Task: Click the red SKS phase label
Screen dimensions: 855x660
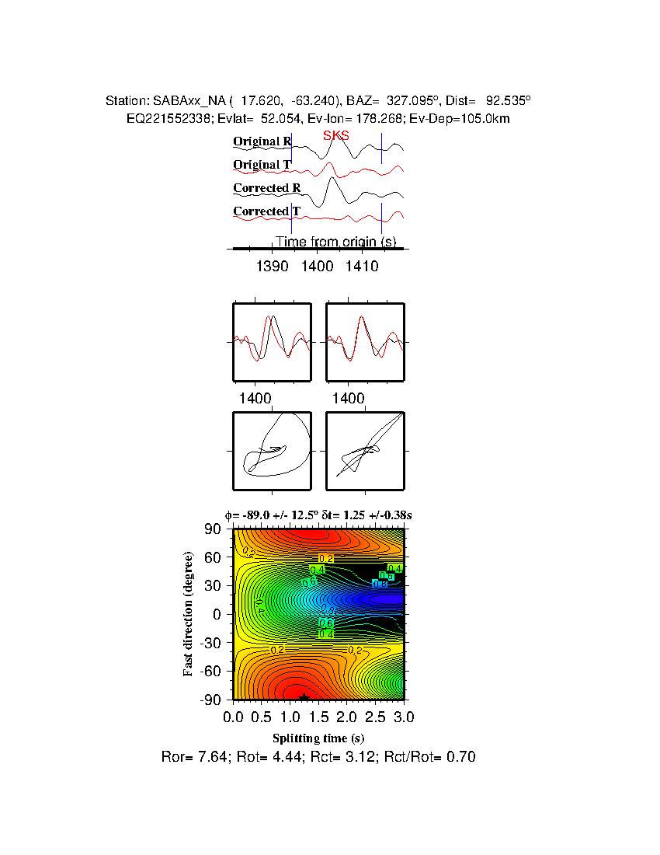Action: (335, 135)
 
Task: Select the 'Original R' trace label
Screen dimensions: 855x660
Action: (262, 141)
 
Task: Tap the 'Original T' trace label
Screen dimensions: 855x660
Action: (262, 165)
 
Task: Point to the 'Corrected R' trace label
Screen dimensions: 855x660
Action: (267, 188)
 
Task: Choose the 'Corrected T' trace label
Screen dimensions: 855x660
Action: (267, 211)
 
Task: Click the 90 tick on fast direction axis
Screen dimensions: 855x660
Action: (214, 529)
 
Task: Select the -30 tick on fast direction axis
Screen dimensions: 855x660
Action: (210, 643)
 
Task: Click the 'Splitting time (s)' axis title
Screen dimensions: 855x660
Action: (318, 738)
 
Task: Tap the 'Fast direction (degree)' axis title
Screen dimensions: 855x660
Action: (189, 614)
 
